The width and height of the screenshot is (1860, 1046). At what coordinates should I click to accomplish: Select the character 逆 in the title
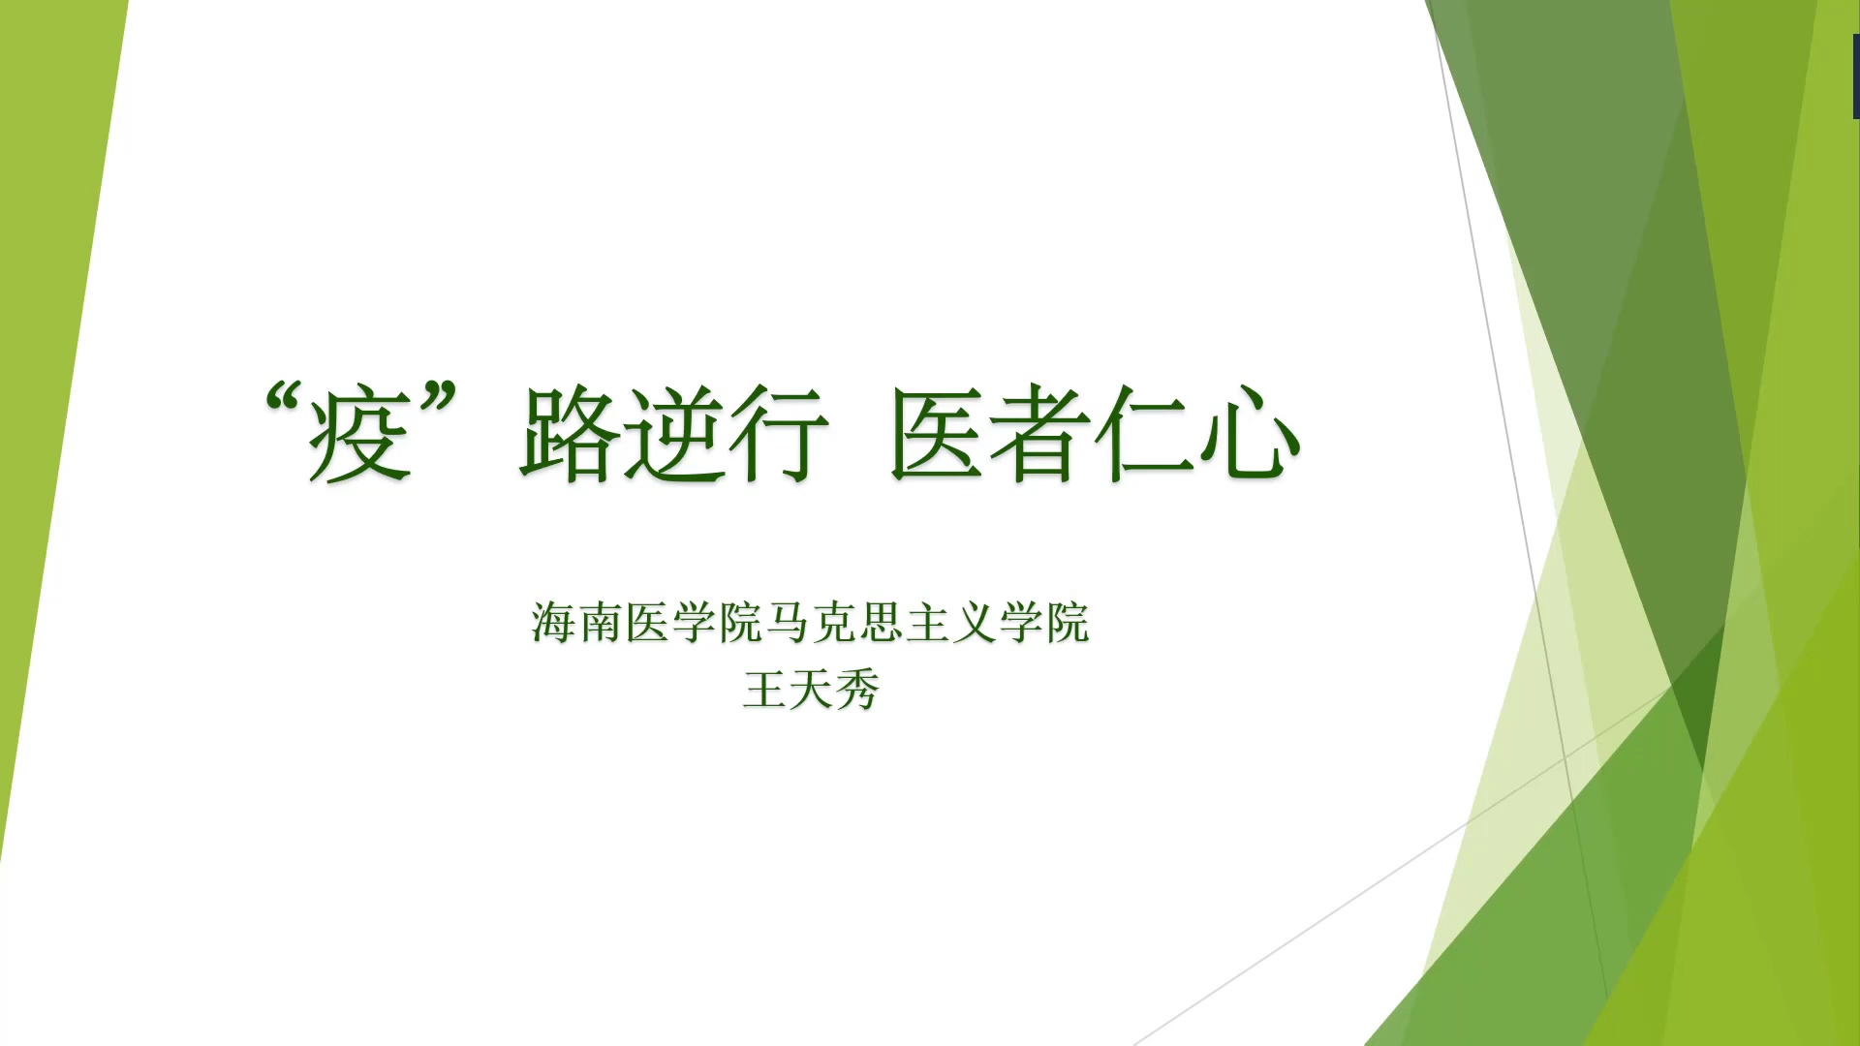674,434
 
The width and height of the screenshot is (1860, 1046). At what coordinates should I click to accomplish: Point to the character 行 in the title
779,434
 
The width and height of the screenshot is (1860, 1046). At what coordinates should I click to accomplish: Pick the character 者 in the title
1040,434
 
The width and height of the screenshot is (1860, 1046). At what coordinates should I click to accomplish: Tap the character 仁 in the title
1144,434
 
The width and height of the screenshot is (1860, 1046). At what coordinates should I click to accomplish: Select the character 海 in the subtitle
553,622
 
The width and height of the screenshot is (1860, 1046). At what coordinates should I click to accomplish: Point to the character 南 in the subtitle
601,622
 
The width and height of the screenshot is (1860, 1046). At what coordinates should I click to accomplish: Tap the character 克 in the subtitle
835,622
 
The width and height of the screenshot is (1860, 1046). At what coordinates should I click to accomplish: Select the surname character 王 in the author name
764,690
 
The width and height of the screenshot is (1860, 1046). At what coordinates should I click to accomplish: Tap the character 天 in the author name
812,690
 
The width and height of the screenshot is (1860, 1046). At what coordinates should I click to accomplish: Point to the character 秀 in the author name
858,690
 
